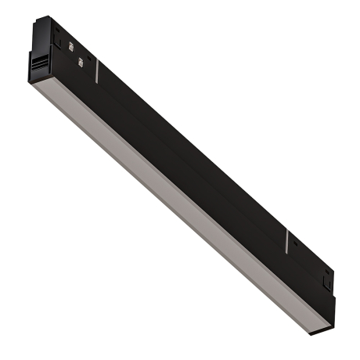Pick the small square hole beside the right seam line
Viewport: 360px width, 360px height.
coord(298,250)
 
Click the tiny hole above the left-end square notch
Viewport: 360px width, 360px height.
coord(56,27)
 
